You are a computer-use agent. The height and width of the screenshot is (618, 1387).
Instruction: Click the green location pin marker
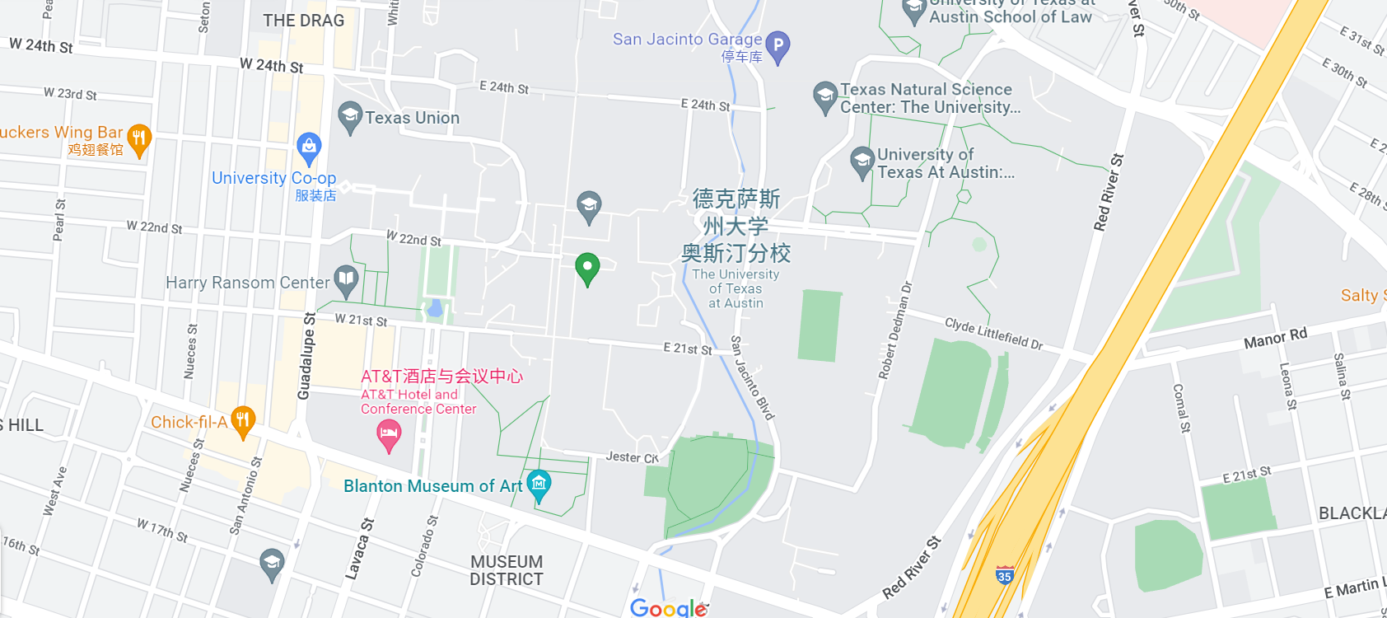pos(587,267)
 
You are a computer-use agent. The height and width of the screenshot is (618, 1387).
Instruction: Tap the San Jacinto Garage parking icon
pos(778,45)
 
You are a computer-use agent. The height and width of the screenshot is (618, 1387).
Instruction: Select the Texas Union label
pos(412,118)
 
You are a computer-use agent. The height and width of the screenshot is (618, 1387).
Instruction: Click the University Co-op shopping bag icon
pos(309,147)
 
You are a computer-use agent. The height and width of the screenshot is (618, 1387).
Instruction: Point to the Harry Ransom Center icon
pos(346,280)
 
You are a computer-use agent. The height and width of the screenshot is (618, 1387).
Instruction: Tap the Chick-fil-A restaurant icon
pos(242,421)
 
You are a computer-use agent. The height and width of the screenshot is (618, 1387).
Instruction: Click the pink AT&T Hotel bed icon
pos(389,433)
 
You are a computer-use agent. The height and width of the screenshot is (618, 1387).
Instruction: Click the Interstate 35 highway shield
pos(1004,575)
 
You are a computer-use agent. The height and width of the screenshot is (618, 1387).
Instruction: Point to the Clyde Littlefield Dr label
pos(993,333)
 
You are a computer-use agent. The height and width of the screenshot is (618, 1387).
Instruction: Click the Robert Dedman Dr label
pos(896,330)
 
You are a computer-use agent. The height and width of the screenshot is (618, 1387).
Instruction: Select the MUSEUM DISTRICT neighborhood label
pos(506,570)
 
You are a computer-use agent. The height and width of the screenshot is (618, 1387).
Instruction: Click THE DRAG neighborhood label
pos(303,21)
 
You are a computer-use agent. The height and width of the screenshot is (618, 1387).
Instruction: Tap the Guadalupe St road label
pos(306,356)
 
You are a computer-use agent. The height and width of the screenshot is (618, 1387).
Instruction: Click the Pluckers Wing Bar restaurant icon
pos(139,138)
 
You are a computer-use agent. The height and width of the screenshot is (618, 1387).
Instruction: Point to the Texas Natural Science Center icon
pos(824,96)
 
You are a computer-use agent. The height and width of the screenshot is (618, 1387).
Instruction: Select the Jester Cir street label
pos(632,457)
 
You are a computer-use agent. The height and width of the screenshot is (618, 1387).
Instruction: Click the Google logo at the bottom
pos(668,608)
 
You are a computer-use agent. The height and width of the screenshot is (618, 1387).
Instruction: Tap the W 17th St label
pos(162,530)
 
